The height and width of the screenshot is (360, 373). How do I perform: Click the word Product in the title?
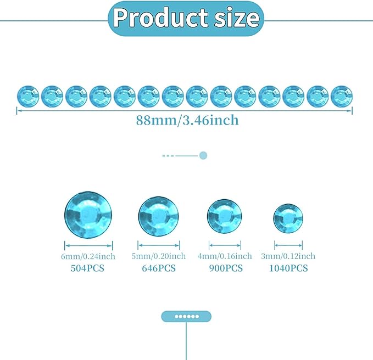click(161, 18)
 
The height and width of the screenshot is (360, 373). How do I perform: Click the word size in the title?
click(237, 18)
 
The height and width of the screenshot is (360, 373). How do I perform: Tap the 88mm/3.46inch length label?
click(187, 120)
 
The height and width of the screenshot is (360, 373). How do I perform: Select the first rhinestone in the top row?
click(28, 97)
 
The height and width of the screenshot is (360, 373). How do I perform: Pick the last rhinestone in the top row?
click(342, 97)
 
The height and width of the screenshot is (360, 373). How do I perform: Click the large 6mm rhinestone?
click(88, 215)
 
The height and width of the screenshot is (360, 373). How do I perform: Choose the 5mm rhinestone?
click(159, 216)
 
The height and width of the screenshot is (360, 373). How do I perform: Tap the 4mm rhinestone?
click(224, 216)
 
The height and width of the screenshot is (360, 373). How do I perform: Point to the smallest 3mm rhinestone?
click(288, 218)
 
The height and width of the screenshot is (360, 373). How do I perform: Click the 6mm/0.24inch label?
click(88, 256)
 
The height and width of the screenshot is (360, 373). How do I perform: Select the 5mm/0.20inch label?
click(159, 256)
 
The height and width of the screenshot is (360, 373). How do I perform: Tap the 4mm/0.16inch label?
click(225, 256)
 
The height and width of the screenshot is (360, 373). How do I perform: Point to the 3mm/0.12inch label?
click(288, 256)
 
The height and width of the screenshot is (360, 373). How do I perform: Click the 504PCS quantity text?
click(87, 268)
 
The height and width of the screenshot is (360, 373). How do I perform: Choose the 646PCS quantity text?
click(159, 268)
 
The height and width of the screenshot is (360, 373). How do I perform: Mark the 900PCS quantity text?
click(226, 268)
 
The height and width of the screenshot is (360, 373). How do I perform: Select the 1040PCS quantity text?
click(288, 268)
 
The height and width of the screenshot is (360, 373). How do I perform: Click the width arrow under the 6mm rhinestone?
click(88, 245)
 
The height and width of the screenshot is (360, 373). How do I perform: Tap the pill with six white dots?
click(186, 317)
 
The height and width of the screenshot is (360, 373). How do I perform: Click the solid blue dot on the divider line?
click(203, 156)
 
